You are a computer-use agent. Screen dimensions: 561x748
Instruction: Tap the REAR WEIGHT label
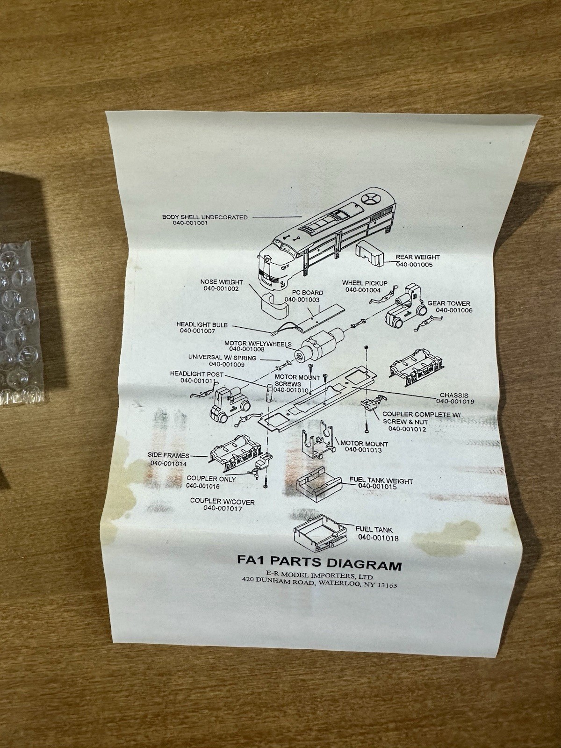[x=417, y=257]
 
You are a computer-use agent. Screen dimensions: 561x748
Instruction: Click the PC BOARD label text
[x=307, y=293]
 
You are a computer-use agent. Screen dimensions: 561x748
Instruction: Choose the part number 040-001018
[x=378, y=538]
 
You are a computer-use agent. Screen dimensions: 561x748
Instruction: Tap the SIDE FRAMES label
[x=168, y=455]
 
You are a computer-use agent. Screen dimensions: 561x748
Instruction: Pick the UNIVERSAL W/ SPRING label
[x=222, y=358]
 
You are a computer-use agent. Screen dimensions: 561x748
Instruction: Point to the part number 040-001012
[x=407, y=429]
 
